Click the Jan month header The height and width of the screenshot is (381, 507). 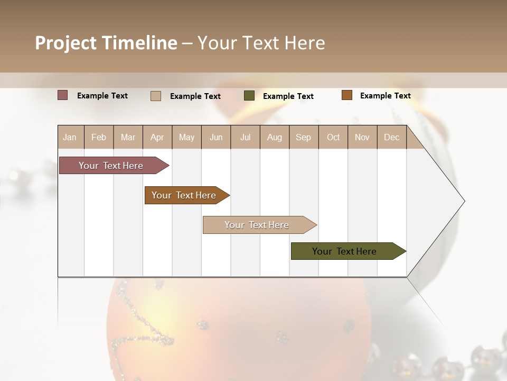(x=70, y=137)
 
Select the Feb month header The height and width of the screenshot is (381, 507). (x=99, y=137)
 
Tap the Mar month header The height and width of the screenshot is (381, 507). (x=128, y=137)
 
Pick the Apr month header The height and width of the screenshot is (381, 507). (x=157, y=137)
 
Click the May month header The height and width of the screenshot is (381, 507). (x=186, y=137)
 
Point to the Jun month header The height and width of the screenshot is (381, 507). (x=216, y=137)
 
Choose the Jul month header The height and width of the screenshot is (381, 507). (x=245, y=137)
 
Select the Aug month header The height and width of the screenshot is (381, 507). (x=275, y=137)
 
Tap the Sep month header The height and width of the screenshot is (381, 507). (x=304, y=137)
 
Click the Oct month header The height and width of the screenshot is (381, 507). (x=333, y=137)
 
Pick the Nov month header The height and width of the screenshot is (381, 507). (x=362, y=137)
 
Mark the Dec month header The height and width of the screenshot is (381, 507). (x=392, y=137)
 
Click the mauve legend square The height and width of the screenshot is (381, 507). (x=63, y=95)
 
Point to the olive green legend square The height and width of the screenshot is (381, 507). (x=249, y=96)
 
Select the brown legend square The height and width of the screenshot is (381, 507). (x=347, y=95)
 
